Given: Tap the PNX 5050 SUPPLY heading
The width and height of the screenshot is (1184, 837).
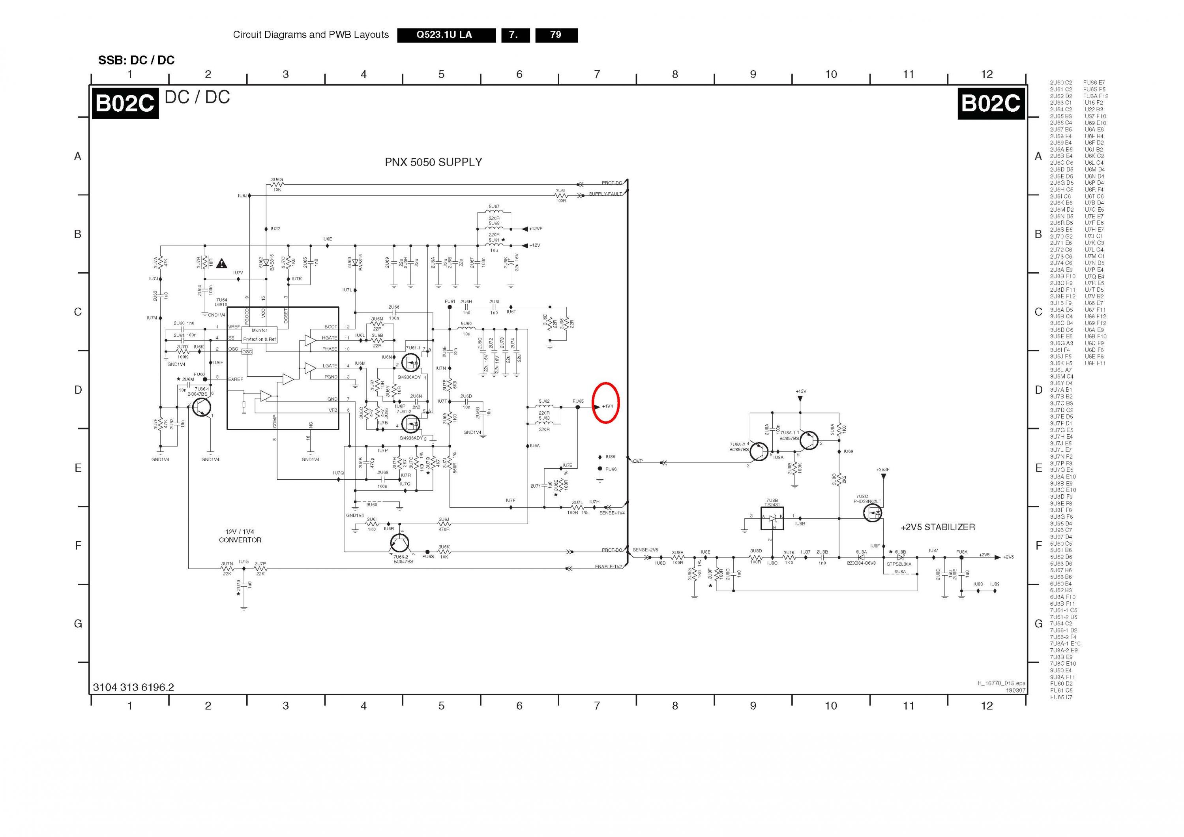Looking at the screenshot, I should pyautogui.click(x=433, y=162).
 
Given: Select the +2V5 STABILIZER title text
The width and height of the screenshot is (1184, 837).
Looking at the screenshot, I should pyautogui.click(x=937, y=527).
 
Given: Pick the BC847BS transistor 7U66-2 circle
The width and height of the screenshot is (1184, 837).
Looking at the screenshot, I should pyautogui.click(x=400, y=543).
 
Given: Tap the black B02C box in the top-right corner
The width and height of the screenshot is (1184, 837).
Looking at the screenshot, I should pyautogui.click(x=991, y=104).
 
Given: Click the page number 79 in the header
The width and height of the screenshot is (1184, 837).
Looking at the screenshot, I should pyautogui.click(x=556, y=35).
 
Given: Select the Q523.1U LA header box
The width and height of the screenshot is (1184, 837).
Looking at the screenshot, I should pyautogui.click(x=444, y=35).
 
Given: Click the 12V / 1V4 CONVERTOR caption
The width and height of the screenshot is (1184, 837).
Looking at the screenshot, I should pyautogui.click(x=240, y=536).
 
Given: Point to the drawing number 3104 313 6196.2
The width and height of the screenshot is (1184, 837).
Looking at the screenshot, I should pyautogui.click(x=133, y=687).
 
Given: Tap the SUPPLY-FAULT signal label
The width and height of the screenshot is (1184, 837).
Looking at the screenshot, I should pyautogui.click(x=605, y=194).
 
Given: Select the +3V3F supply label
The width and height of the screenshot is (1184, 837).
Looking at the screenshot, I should pyautogui.click(x=882, y=470).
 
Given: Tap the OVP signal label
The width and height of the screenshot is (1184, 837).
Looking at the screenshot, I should pyautogui.click(x=638, y=461).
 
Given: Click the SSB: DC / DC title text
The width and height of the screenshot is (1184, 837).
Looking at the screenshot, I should pyautogui.click(x=136, y=60).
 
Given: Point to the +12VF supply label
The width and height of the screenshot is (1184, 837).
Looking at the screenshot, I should pyautogui.click(x=536, y=229).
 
